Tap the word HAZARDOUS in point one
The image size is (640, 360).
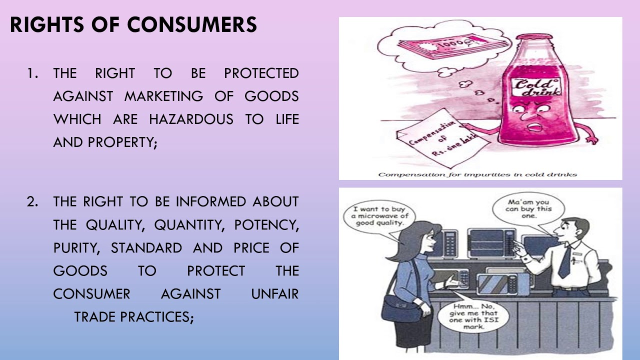(191, 119)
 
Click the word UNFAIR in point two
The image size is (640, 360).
(274, 294)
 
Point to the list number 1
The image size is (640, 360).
(32, 73)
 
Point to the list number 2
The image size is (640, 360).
(32, 202)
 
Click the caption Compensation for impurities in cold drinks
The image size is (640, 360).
(477, 174)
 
